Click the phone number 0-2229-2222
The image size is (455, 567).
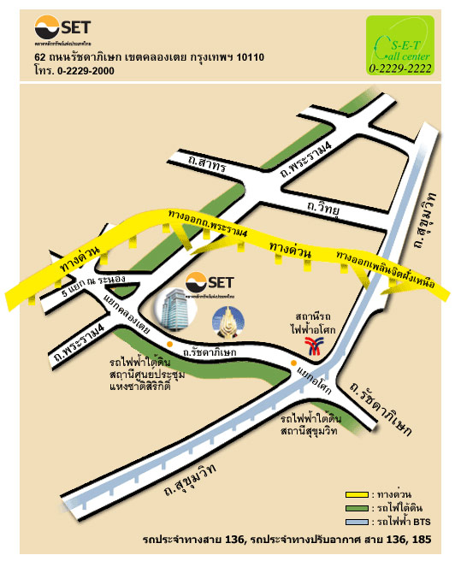(400, 68)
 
